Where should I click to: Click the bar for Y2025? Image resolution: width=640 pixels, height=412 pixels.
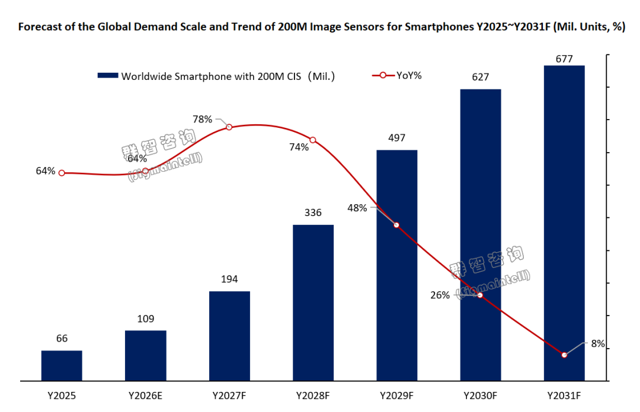(62, 365)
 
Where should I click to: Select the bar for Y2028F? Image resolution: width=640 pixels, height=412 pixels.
(313, 302)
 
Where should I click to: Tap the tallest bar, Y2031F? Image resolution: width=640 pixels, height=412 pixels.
(564, 223)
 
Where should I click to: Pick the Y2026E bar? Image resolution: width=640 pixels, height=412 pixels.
(146, 355)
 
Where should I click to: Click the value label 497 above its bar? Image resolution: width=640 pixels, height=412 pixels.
(396, 138)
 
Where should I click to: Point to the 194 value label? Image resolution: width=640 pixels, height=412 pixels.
(229, 279)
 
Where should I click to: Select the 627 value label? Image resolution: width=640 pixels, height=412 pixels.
(481, 77)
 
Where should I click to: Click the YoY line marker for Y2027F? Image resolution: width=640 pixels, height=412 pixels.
(229, 127)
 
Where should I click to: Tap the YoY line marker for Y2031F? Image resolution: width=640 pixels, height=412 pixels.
(564, 355)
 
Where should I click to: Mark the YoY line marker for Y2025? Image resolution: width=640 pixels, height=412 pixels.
(62, 173)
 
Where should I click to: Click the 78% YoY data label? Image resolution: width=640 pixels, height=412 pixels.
(203, 119)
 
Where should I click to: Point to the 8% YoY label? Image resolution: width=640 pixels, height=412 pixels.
(597, 343)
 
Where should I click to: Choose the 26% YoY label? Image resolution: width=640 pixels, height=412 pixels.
(440, 295)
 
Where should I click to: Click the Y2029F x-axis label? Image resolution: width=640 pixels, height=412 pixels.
(396, 395)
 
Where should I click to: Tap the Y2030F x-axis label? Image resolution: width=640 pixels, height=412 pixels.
(481, 395)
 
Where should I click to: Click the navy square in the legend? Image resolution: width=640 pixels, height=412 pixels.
(108, 76)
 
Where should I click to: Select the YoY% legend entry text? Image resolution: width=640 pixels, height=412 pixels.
(409, 75)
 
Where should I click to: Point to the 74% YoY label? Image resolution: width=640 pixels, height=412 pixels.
(299, 147)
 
